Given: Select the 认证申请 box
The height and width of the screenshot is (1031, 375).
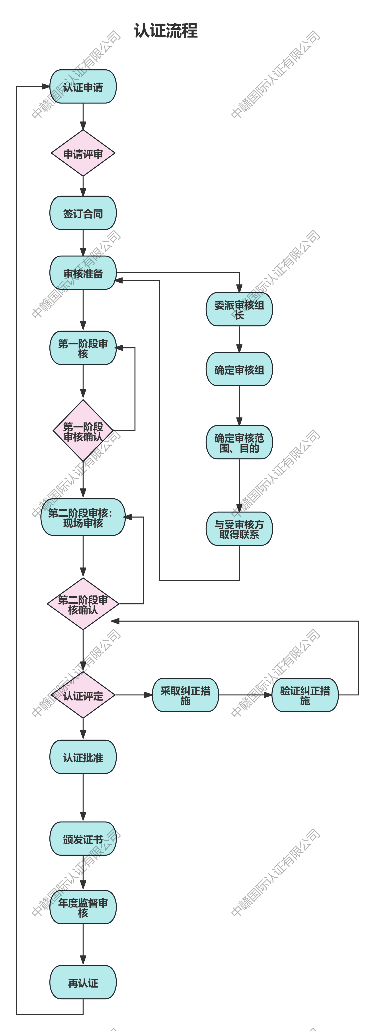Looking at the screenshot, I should (x=83, y=87).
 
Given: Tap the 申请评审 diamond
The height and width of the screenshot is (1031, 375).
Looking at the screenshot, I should (x=83, y=153).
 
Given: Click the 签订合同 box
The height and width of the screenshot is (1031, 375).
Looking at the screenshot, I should (x=83, y=213).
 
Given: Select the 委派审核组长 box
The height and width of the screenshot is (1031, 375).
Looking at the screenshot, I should (x=239, y=309).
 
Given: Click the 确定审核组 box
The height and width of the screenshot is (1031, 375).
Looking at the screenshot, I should (x=239, y=369).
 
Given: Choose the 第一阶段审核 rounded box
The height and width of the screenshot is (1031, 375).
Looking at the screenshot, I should (x=83, y=348).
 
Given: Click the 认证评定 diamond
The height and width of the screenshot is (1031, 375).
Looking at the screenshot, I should (x=83, y=695).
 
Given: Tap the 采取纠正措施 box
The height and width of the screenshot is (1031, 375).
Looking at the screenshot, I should (x=185, y=695).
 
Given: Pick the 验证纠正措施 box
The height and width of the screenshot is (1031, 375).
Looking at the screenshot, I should (x=305, y=695).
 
